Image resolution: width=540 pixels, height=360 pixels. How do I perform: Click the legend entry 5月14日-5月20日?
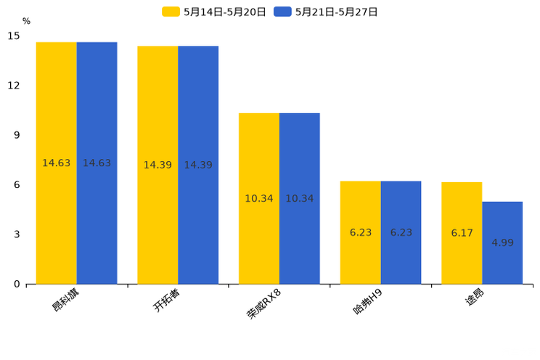click(214, 12)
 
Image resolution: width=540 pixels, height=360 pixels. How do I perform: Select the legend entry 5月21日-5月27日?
click(326, 12)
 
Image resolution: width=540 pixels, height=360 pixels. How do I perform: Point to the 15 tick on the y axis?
click(14, 36)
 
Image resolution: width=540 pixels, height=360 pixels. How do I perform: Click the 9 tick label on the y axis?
click(17, 135)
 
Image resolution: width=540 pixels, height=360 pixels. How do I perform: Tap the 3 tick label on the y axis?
click(17, 234)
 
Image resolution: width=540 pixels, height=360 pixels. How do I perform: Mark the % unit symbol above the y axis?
click(26, 21)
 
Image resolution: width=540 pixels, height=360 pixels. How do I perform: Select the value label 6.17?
click(462, 233)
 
